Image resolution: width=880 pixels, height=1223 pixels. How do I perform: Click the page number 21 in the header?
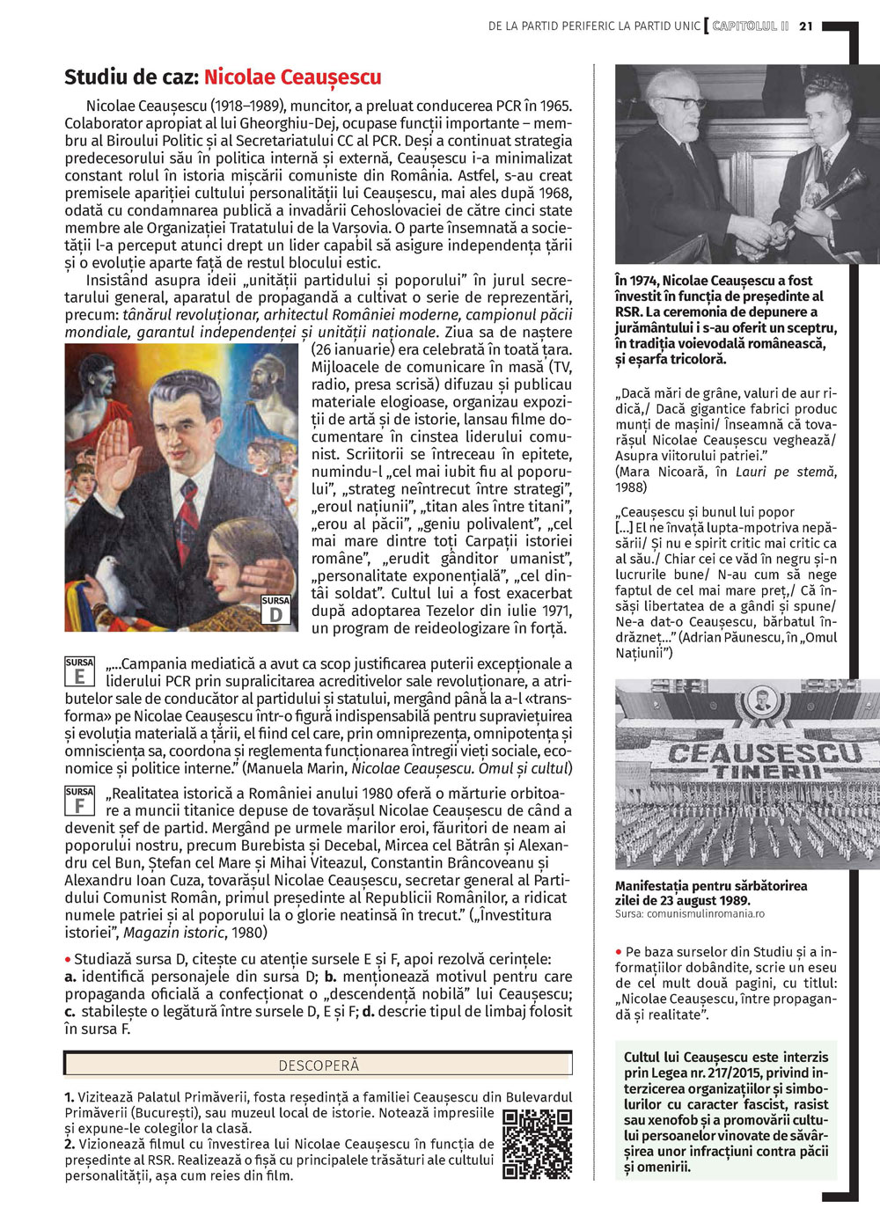click(x=805, y=26)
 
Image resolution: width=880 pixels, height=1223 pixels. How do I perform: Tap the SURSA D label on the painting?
click(x=275, y=610)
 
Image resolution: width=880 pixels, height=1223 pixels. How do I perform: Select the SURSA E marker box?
click(x=79, y=671)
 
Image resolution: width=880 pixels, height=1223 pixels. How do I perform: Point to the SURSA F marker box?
click(x=79, y=801)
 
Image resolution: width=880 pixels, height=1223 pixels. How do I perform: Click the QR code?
click(x=537, y=1144)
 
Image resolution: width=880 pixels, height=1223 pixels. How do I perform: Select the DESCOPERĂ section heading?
click(x=319, y=1066)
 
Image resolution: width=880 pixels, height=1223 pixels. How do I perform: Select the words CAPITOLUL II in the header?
click(x=751, y=26)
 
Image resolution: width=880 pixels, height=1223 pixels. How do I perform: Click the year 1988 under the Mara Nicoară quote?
click(x=631, y=487)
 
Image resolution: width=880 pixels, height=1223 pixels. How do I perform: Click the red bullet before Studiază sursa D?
click(x=69, y=959)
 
